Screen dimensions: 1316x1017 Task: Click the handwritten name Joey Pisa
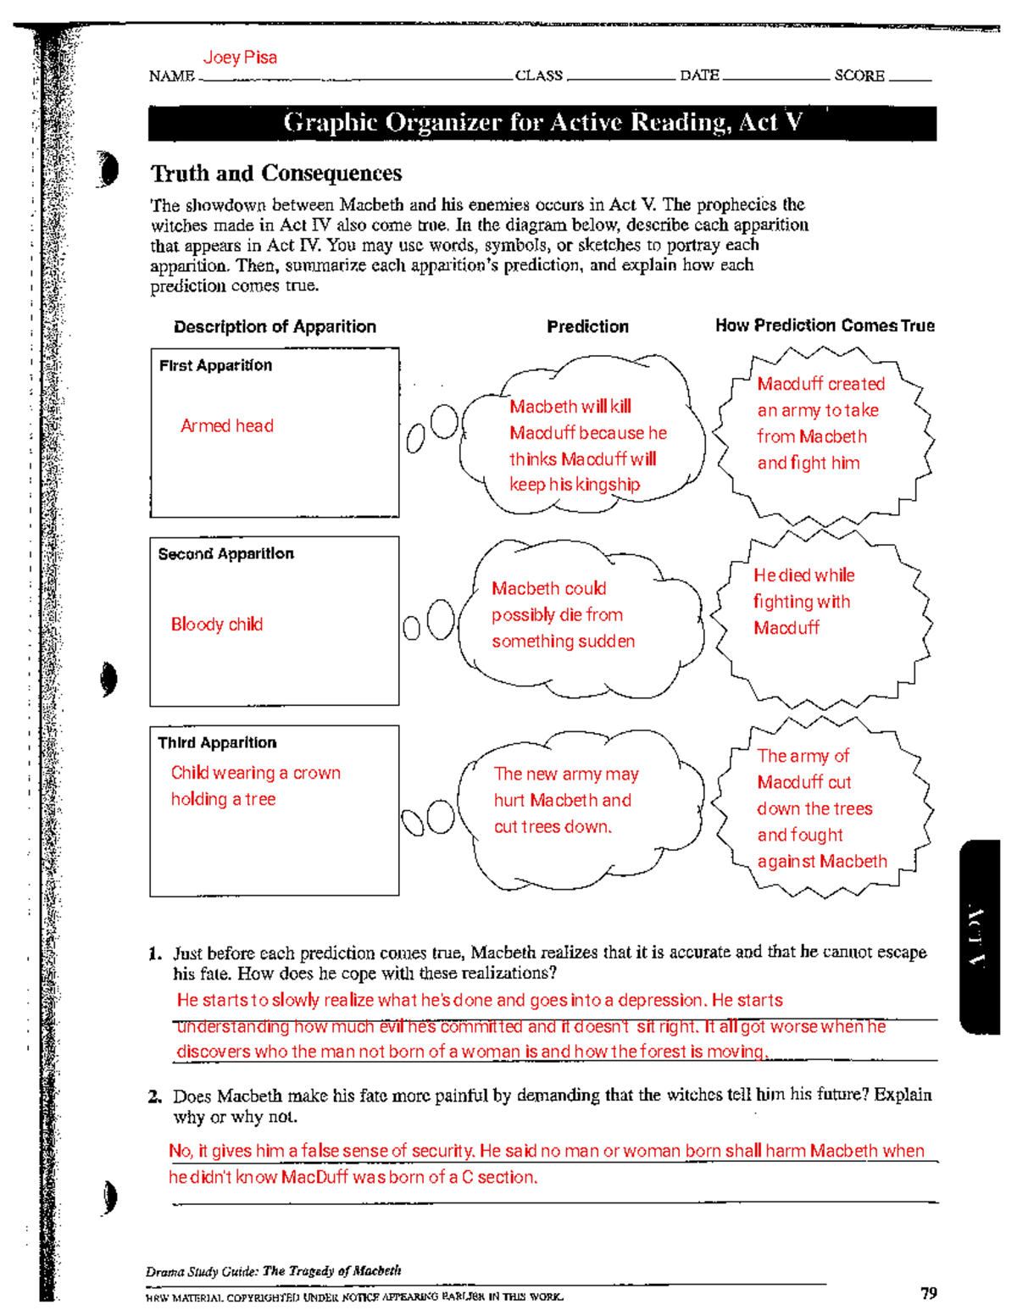coord(240,58)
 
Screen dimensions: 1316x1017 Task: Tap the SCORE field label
coord(859,75)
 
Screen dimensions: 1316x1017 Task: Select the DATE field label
coord(699,75)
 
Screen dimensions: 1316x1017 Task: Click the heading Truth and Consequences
coord(276,174)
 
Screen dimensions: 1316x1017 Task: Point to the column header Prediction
coord(587,326)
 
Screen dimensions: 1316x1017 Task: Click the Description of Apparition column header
coord(275,326)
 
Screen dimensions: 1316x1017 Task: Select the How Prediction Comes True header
coord(825,325)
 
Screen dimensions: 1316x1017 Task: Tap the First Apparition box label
coord(215,365)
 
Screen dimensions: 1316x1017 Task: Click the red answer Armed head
coord(227,426)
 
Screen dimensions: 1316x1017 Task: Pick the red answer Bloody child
coord(217,625)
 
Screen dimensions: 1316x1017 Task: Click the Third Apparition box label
coord(217,743)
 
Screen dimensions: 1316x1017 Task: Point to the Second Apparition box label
coord(225,554)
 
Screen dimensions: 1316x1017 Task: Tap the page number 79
coord(929,1293)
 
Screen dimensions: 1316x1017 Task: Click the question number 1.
coord(155,953)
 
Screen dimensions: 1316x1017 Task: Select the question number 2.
coord(155,1097)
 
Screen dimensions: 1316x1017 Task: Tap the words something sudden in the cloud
coord(563,641)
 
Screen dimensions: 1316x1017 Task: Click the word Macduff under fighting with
coord(786,628)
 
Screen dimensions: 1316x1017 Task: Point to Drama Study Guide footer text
coord(273,1271)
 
